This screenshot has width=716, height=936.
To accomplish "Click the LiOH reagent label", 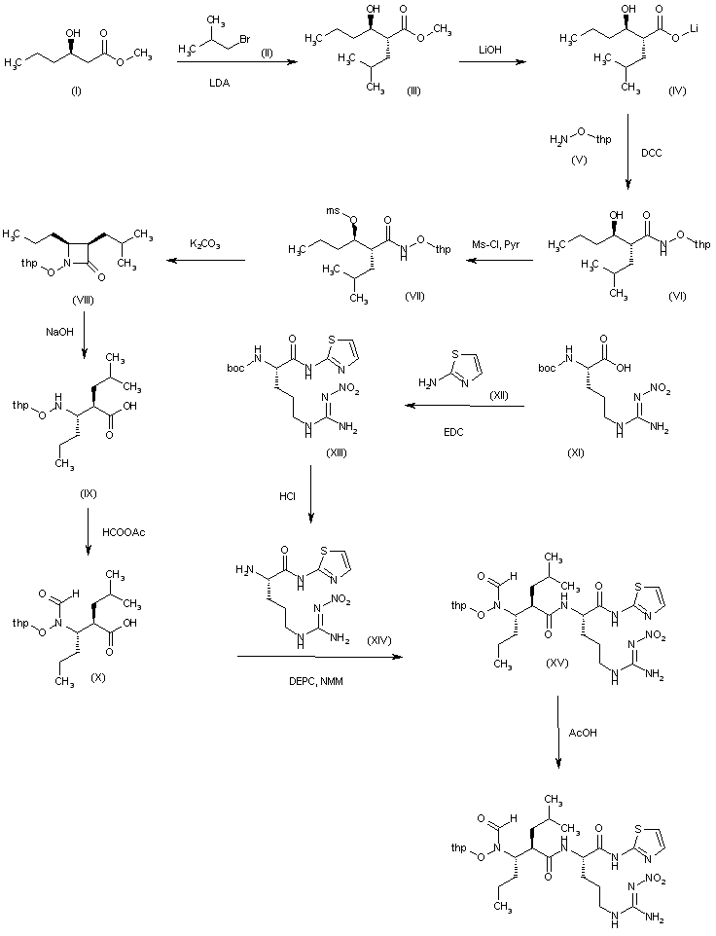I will [486, 46].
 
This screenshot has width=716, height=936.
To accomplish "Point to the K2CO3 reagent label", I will [205, 240].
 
